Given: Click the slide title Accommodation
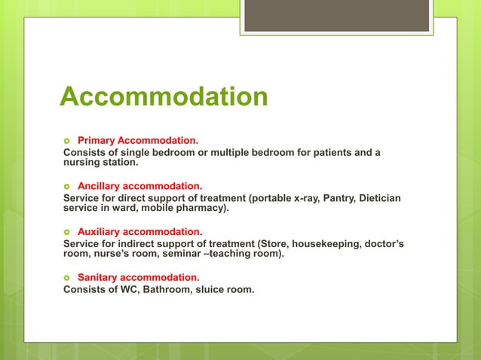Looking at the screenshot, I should [164, 96].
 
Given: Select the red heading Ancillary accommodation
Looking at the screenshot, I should [139, 185].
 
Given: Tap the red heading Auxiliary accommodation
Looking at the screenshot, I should [139, 231].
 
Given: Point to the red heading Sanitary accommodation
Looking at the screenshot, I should [137, 276].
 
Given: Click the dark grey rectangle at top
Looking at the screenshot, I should [336, 16].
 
